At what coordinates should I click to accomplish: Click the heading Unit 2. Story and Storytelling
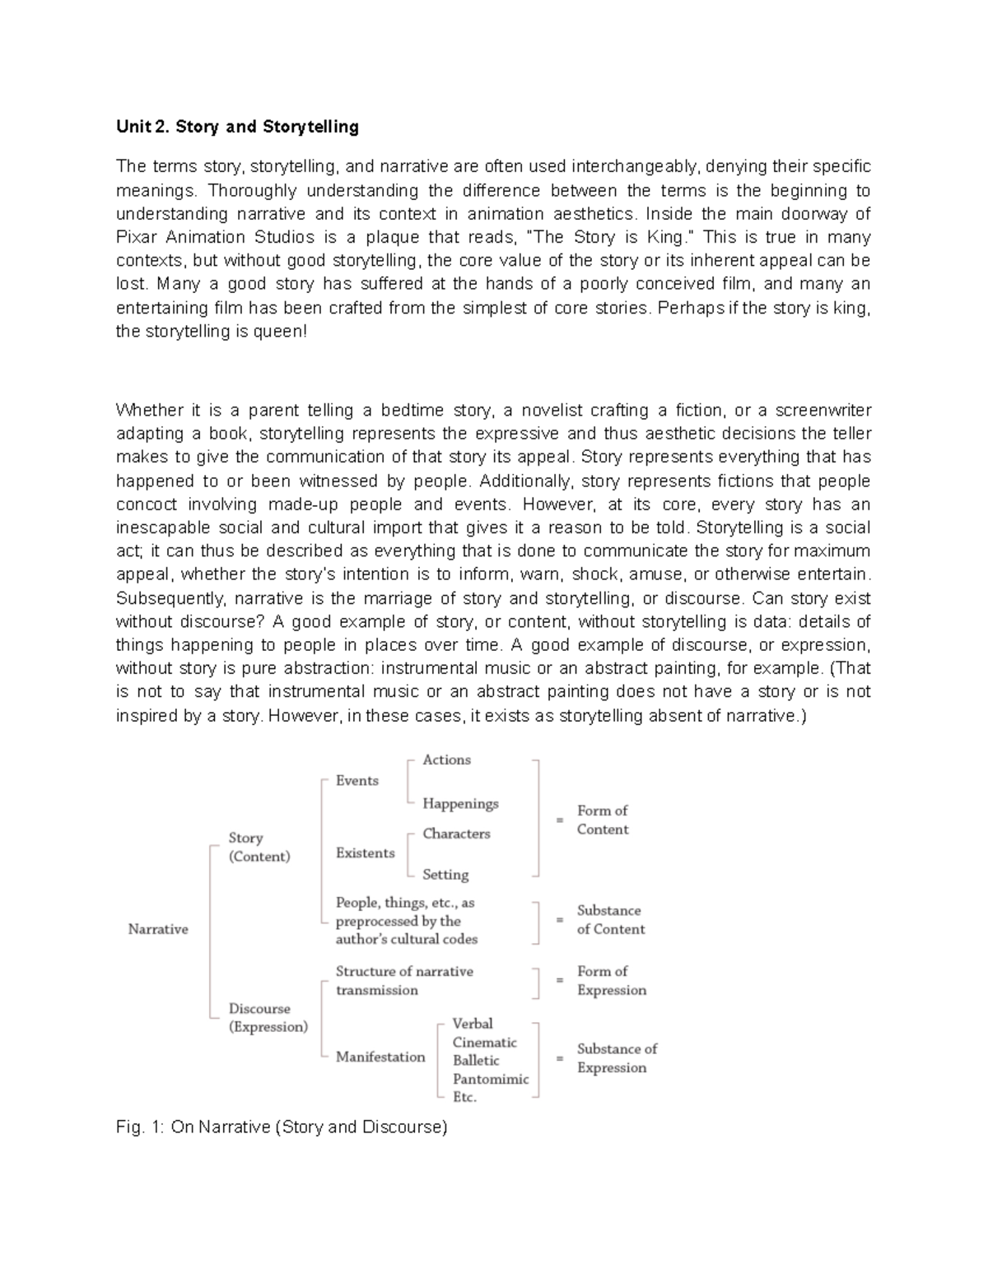click(237, 127)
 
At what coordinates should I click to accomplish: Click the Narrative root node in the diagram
click(158, 929)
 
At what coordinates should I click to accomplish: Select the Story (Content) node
click(259, 847)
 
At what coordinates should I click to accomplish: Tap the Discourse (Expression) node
click(268, 1017)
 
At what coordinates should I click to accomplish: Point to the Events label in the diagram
click(357, 780)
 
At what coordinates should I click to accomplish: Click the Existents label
click(365, 853)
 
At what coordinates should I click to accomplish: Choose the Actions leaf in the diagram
click(446, 760)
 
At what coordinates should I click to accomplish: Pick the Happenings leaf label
click(460, 803)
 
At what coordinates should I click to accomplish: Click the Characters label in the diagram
click(456, 834)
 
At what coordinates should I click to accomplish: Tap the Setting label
click(445, 874)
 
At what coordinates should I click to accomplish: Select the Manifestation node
click(380, 1057)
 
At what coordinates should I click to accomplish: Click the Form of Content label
click(603, 820)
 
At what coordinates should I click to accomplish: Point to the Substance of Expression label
click(617, 1058)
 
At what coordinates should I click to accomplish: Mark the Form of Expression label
click(611, 981)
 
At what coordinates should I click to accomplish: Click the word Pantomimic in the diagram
click(491, 1079)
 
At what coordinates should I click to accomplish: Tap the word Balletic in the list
click(476, 1061)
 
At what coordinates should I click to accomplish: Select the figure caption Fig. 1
click(282, 1127)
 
